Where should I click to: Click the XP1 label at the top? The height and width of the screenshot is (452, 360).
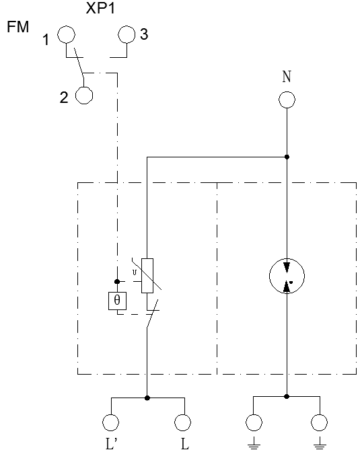tap(101, 8)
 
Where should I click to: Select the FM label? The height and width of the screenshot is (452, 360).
tap(18, 27)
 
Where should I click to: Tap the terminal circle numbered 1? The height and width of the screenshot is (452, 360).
tap(67, 34)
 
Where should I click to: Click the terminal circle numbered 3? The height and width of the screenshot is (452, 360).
tap(127, 34)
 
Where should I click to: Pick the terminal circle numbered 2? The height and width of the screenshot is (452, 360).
tap(84, 96)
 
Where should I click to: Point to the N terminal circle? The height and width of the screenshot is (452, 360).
tap(287, 100)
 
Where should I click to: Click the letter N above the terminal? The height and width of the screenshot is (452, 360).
tap(287, 77)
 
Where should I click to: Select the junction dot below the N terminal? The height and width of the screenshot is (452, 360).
tap(287, 157)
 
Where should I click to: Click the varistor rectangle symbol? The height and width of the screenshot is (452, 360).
tap(147, 276)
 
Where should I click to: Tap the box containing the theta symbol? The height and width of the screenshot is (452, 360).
tap(117, 301)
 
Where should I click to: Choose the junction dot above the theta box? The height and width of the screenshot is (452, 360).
tap(117, 281)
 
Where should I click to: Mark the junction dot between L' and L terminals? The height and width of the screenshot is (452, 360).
tap(147, 398)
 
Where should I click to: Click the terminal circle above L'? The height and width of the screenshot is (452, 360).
tap(111, 422)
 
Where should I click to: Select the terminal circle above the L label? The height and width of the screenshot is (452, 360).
tap(182, 422)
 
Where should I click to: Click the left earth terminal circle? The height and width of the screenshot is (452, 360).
tap(254, 422)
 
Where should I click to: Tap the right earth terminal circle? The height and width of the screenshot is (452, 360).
tap(320, 422)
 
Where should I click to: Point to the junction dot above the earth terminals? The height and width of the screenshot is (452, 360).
tap(287, 397)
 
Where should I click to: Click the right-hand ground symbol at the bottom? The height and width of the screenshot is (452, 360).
tap(320, 444)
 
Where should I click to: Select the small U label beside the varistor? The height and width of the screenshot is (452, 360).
tap(134, 272)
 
